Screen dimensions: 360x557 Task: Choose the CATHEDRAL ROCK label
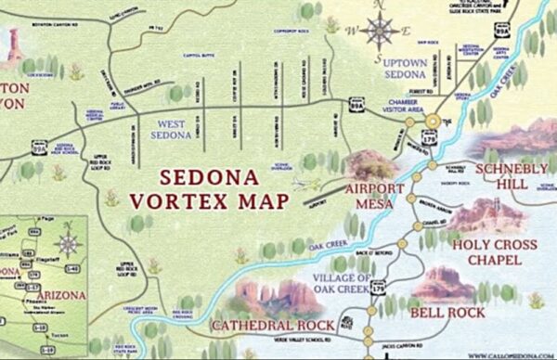tap(264, 326)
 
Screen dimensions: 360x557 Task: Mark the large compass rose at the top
tap(381, 30)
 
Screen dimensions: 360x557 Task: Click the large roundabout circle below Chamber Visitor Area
tap(434, 121)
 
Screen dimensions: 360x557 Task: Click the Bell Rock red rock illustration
tap(445, 283)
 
